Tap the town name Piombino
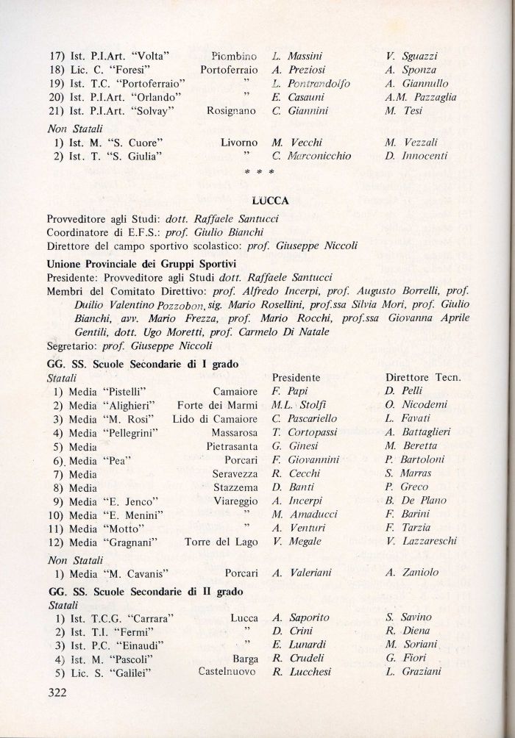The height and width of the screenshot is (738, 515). point(233,56)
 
